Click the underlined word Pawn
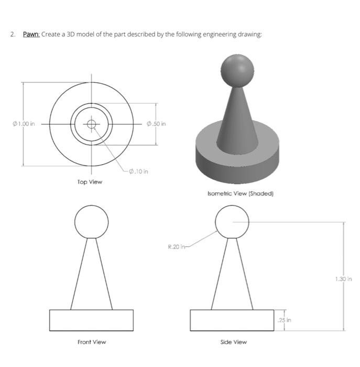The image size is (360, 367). pos(31,35)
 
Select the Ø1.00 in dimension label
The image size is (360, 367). pos(24,124)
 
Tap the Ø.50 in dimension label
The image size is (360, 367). pos(156,124)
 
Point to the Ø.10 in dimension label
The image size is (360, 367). pos(138,171)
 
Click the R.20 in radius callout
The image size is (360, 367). pos(177,247)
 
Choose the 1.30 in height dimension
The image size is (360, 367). pos(343,279)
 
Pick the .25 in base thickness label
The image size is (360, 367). pos(284,320)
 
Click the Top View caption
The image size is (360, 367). pos(90,182)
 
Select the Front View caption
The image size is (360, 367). pos(92,342)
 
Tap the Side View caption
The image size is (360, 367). pos(234,342)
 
